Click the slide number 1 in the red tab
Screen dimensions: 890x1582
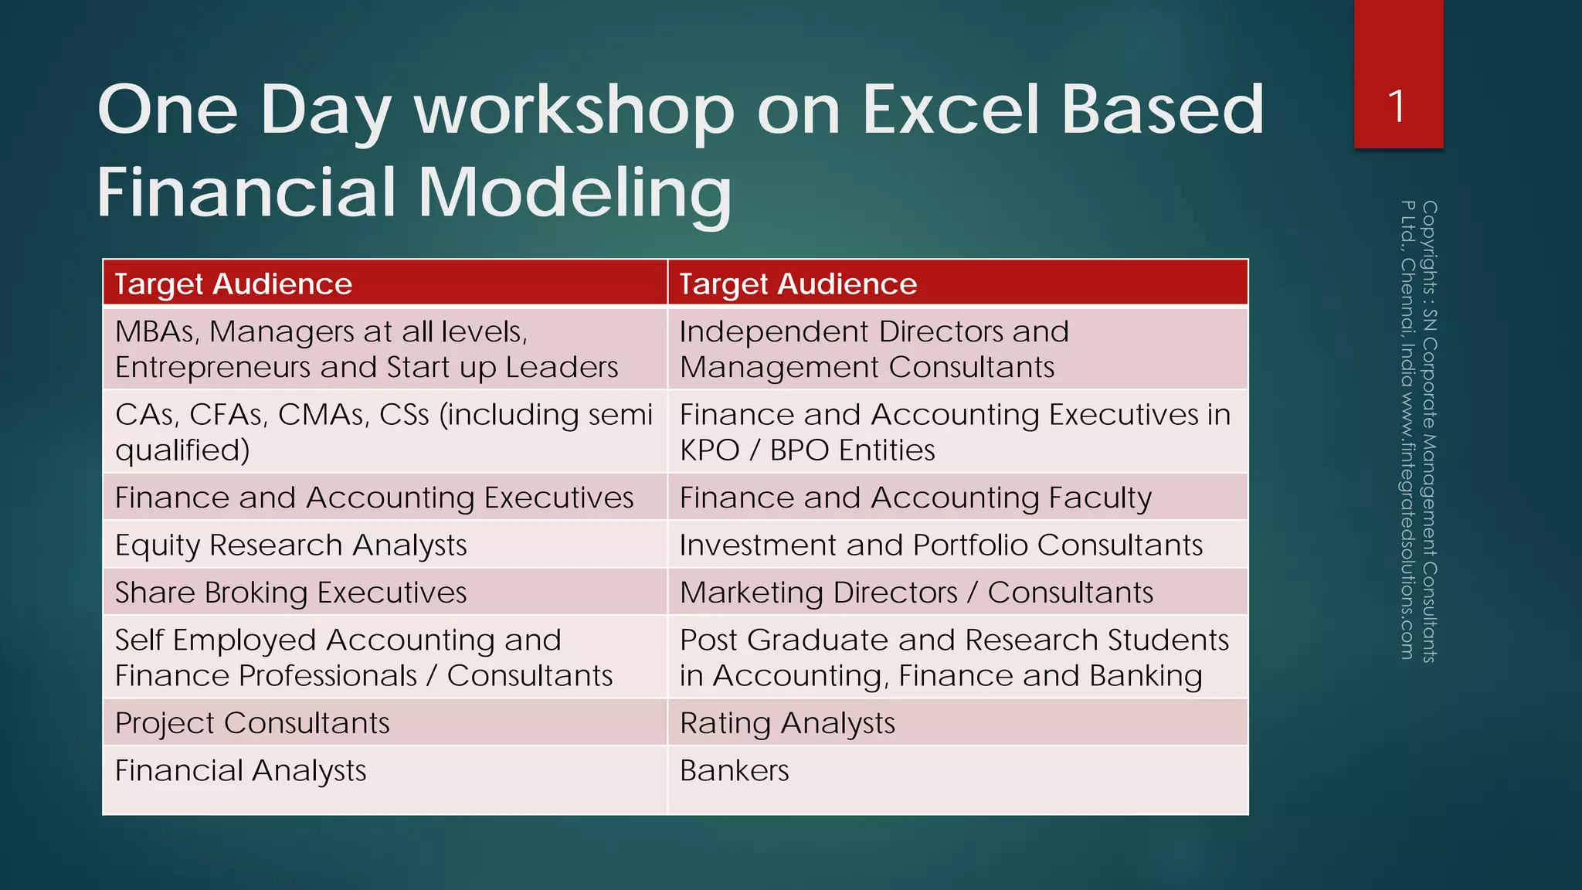pos(1397,107)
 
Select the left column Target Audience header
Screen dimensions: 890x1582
pos(233,284)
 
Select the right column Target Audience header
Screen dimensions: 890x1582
pos(798,284)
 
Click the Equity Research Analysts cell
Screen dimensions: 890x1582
pos(291,545)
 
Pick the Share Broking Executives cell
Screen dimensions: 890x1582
pos(291,593)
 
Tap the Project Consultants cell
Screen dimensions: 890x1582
pos(253,723)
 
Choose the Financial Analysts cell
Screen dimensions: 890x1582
pos(241,771)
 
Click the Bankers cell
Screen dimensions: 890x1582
pos(735,771)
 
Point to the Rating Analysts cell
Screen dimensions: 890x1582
pos(787,723)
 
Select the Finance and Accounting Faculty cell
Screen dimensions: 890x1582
pos(915,498)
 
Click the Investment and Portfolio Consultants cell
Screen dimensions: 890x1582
pos(941,545)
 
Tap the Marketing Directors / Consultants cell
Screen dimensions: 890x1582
pos(916,593)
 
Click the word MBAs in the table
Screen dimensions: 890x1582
pos(157,332)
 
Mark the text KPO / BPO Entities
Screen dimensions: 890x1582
pos(807,450)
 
